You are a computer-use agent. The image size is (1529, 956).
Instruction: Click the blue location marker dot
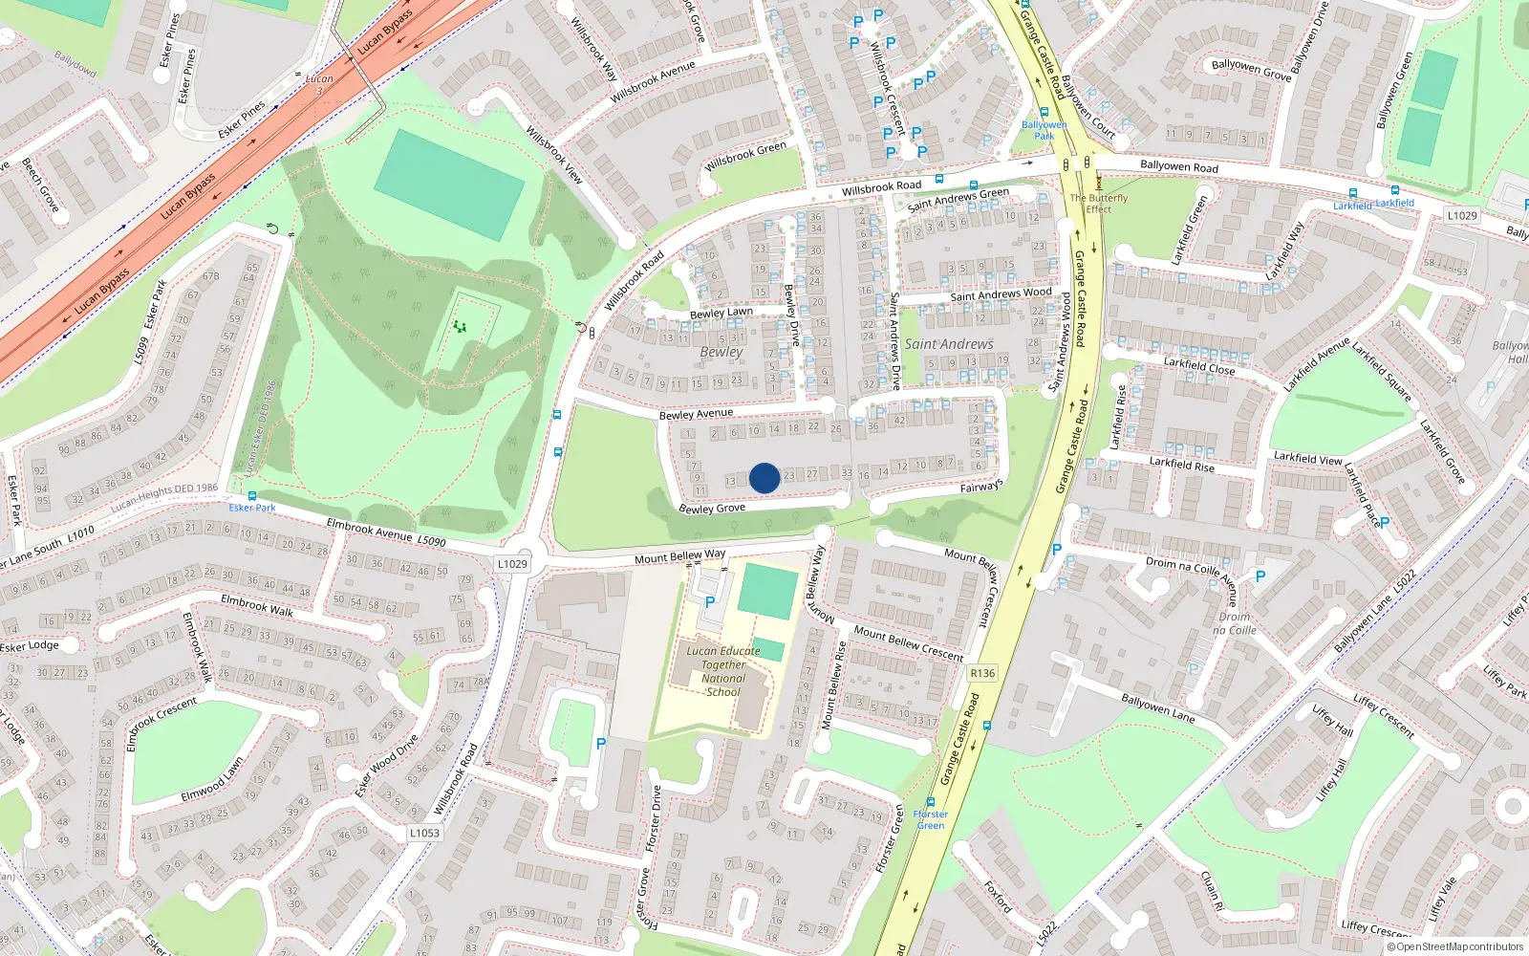[764, 478]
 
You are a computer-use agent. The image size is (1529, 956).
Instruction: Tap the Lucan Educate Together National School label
[723, 671]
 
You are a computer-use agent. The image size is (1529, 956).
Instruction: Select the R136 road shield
[981, 673]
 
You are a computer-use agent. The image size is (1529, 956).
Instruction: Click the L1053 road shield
[424, 833]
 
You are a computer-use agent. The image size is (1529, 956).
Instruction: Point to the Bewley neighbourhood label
[721, 352]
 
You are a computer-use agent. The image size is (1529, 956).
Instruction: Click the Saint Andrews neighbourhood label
[949, 344]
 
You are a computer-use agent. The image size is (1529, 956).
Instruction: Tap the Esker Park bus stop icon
[252, 496]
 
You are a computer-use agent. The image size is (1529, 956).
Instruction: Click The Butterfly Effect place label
[1098, 203]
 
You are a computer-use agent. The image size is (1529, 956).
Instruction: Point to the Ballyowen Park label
[1044, 130]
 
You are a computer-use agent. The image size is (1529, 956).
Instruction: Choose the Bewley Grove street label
[712, 509]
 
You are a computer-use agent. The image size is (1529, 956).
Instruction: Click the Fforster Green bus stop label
[930, 819]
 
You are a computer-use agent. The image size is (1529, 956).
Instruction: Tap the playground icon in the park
[461, 327]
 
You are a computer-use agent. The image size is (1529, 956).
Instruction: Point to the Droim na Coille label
[1234, 623]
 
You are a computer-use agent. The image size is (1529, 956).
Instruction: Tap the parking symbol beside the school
[710, 602]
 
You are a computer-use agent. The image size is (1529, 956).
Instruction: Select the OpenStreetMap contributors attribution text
[1454, 946]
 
